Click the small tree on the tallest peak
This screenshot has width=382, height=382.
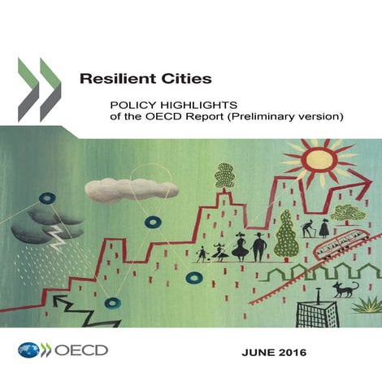click(x=225, y=174)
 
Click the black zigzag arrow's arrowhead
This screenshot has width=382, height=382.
click(x=59, y=302)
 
